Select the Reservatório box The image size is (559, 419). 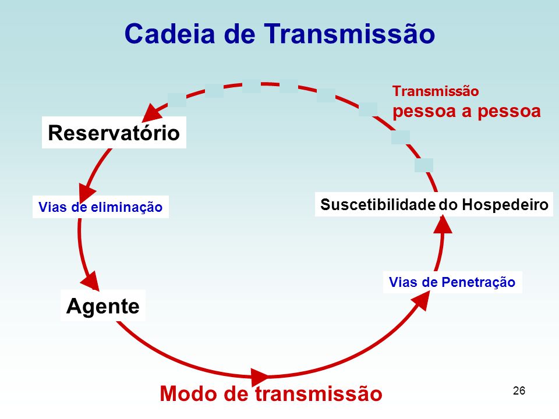click(x=114, y=133)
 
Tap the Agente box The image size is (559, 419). click(x=103, y=306)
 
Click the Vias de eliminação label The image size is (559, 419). click(x=100, y=207)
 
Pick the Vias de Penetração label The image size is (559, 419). click(x=452, y=282)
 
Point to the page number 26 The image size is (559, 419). click(x=519, y=390)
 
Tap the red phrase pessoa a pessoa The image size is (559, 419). click(x=467, y=111)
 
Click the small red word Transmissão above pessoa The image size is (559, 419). click(x=436, y=91)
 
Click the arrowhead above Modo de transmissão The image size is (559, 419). click(x=260, y=375)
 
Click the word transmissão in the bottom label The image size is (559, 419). click(x=319, y=394)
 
